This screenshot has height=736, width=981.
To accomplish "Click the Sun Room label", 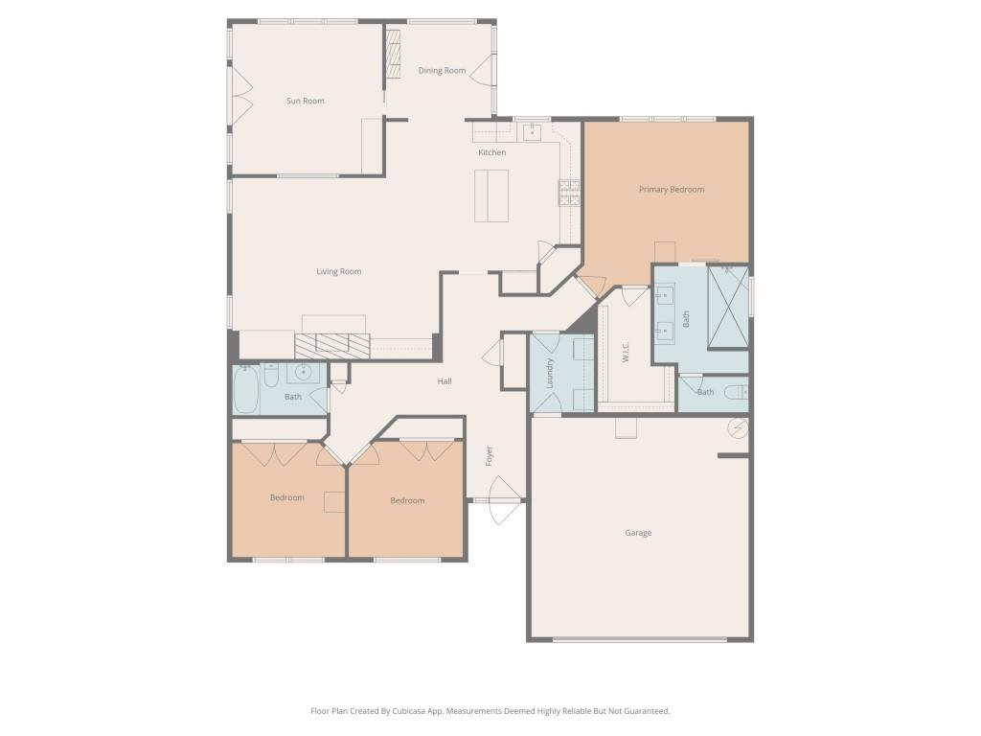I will pos(306,101).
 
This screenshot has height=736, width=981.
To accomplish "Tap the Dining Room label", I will pos(442,71).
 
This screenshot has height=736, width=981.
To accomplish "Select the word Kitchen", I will pos(492,152).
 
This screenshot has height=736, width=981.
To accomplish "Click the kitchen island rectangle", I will pos(492,195).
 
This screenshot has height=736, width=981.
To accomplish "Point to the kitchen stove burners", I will pos(569,194).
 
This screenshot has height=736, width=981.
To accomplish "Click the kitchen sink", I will pos(532,131).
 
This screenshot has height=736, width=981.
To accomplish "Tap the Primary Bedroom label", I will pos(671,190).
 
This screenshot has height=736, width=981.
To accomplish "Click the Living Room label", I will pos(339,271).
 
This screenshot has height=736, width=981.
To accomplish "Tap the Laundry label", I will pos(550,372).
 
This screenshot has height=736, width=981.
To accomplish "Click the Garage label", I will pos(638,533).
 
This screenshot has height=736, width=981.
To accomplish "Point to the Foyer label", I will pos(489,456).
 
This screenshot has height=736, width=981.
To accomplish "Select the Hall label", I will pos(445,381).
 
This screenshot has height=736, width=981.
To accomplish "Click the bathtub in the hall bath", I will pos(246,391).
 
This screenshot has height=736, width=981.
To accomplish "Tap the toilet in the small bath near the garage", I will pos(736,391).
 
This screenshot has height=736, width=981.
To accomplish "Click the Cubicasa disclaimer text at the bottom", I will pos(490,711).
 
